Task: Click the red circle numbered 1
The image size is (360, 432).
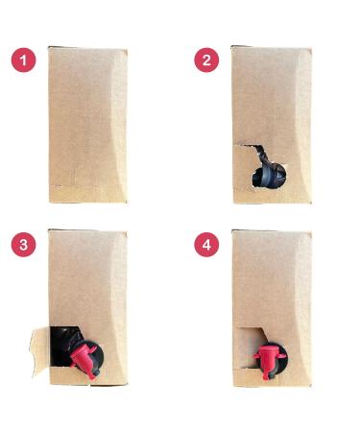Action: coord(24,60)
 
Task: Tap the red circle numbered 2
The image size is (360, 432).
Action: coord(206,60)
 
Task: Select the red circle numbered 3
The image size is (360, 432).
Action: coord(24,245)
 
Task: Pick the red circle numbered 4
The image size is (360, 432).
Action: coord(206,245)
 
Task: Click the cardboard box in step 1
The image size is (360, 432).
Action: coord(88,125)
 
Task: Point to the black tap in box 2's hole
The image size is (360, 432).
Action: coord(269,176)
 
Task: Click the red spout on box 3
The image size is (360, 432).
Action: coord(84,359)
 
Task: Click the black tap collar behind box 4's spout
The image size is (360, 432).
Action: coord(279,355)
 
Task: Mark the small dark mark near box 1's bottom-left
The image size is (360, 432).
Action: coord(58,185)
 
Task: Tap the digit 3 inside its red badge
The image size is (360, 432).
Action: coord(24,245)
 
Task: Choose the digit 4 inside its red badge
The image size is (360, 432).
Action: coord(206,245)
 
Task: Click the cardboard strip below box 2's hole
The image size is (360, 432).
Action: coord(272,196)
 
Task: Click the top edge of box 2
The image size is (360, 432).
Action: coord(272,47)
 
